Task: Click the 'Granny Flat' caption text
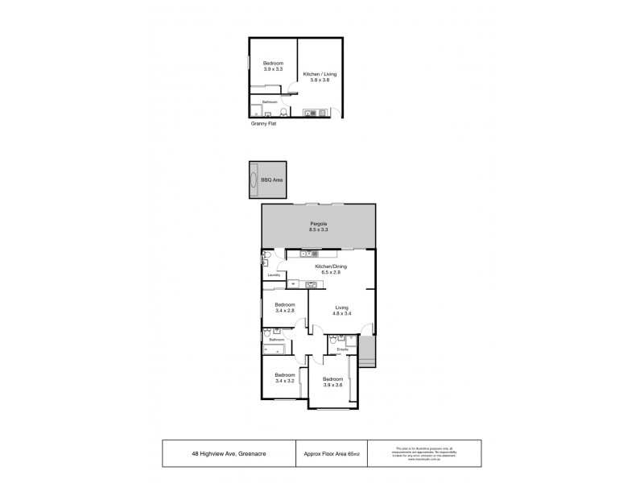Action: click(x=263, y=124)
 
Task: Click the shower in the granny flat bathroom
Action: click(x=255, y=110)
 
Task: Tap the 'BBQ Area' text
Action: click(x=273, y=180)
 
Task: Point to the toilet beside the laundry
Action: click(x=266, y=259)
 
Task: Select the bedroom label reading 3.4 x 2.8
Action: click(x=285, y=308)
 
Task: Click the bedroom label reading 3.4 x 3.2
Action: click(x=285, y=378)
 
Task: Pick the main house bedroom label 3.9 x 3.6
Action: click(x=332, y=382)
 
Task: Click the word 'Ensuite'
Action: click(x=342, y=350)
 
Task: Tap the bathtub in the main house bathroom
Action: click(x=274, y=350)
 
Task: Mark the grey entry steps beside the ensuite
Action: click(x=369, y=351)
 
